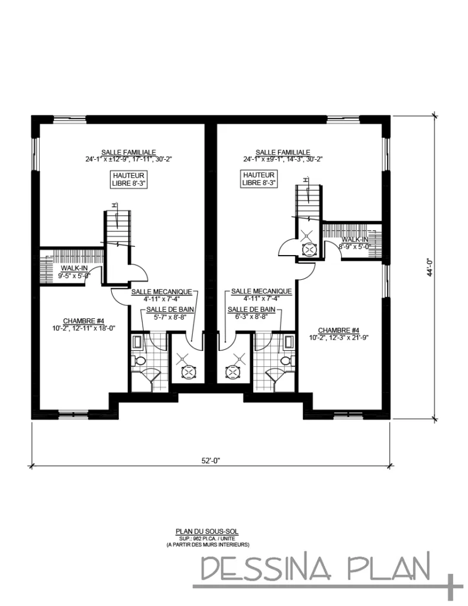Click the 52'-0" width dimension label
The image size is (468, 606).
pos(211,460)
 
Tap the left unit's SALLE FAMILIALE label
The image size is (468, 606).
pos(128,152)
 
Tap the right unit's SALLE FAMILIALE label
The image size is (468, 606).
pos(283,152)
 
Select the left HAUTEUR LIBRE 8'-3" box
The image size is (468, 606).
pos(129,179)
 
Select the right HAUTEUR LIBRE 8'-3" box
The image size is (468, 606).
pos(259,179)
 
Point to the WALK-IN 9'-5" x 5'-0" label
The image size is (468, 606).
pos(74,272)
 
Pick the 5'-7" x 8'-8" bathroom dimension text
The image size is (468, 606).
pos(167,317)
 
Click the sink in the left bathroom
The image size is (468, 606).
pos(138,342)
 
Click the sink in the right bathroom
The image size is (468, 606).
pos(288,342)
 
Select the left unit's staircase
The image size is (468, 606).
pos(118,228)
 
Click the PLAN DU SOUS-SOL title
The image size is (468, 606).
pos(207,532)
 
